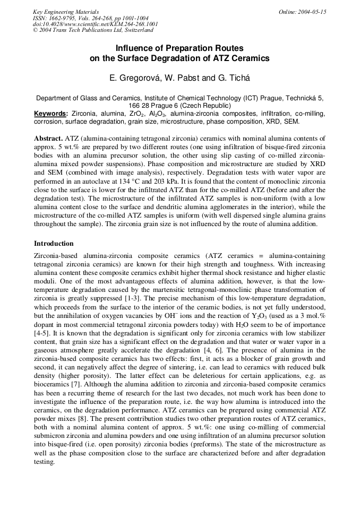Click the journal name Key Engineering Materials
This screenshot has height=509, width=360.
click(65, 12)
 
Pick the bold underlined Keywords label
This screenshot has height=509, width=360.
click(51, 114)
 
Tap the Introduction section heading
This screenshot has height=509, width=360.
click(54, 244)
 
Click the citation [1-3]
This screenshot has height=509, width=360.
click(124, 298)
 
